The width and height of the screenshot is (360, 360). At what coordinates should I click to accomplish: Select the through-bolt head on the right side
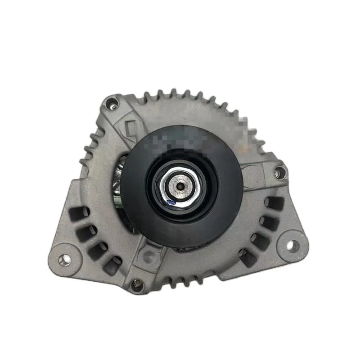click(280, 171)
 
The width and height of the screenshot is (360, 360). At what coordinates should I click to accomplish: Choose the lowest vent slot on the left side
click(112, 266)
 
